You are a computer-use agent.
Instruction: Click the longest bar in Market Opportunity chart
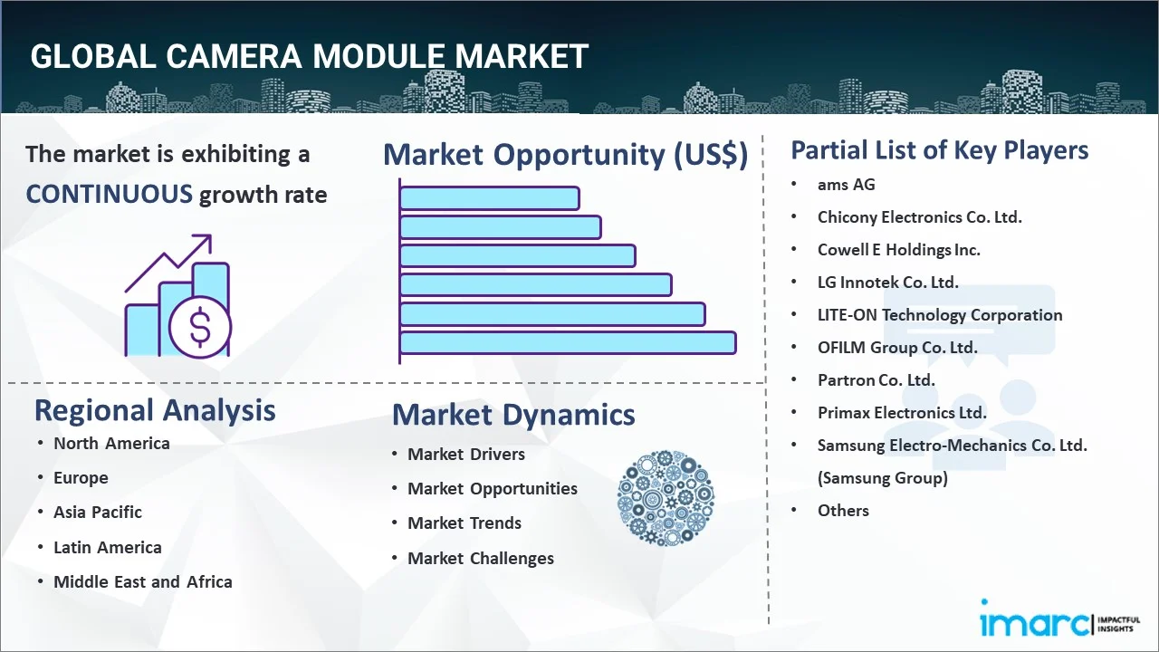click(568, 342)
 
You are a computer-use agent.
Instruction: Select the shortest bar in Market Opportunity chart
click(489, 197)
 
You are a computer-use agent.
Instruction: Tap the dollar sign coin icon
click(200, 328)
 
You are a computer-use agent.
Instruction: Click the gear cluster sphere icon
click(666, 498)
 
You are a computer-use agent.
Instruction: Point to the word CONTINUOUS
click(109, 194)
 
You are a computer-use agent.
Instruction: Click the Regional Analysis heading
click(155, 410)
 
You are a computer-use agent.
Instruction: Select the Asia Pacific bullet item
click(98, 512)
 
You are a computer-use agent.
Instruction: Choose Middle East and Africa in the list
click(143, 581)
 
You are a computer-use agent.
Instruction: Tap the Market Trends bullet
click(465, 523)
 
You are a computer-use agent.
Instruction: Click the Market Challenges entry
click(481, 558)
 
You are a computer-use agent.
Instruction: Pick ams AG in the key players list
click(847, 184)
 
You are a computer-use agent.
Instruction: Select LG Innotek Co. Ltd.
click(887, 282)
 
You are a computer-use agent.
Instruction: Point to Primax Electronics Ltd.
click(902, 412)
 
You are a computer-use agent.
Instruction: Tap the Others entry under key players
click(843, 510)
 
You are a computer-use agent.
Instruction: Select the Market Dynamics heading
click(513, 415)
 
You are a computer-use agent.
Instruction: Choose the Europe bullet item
click(81, 477)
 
